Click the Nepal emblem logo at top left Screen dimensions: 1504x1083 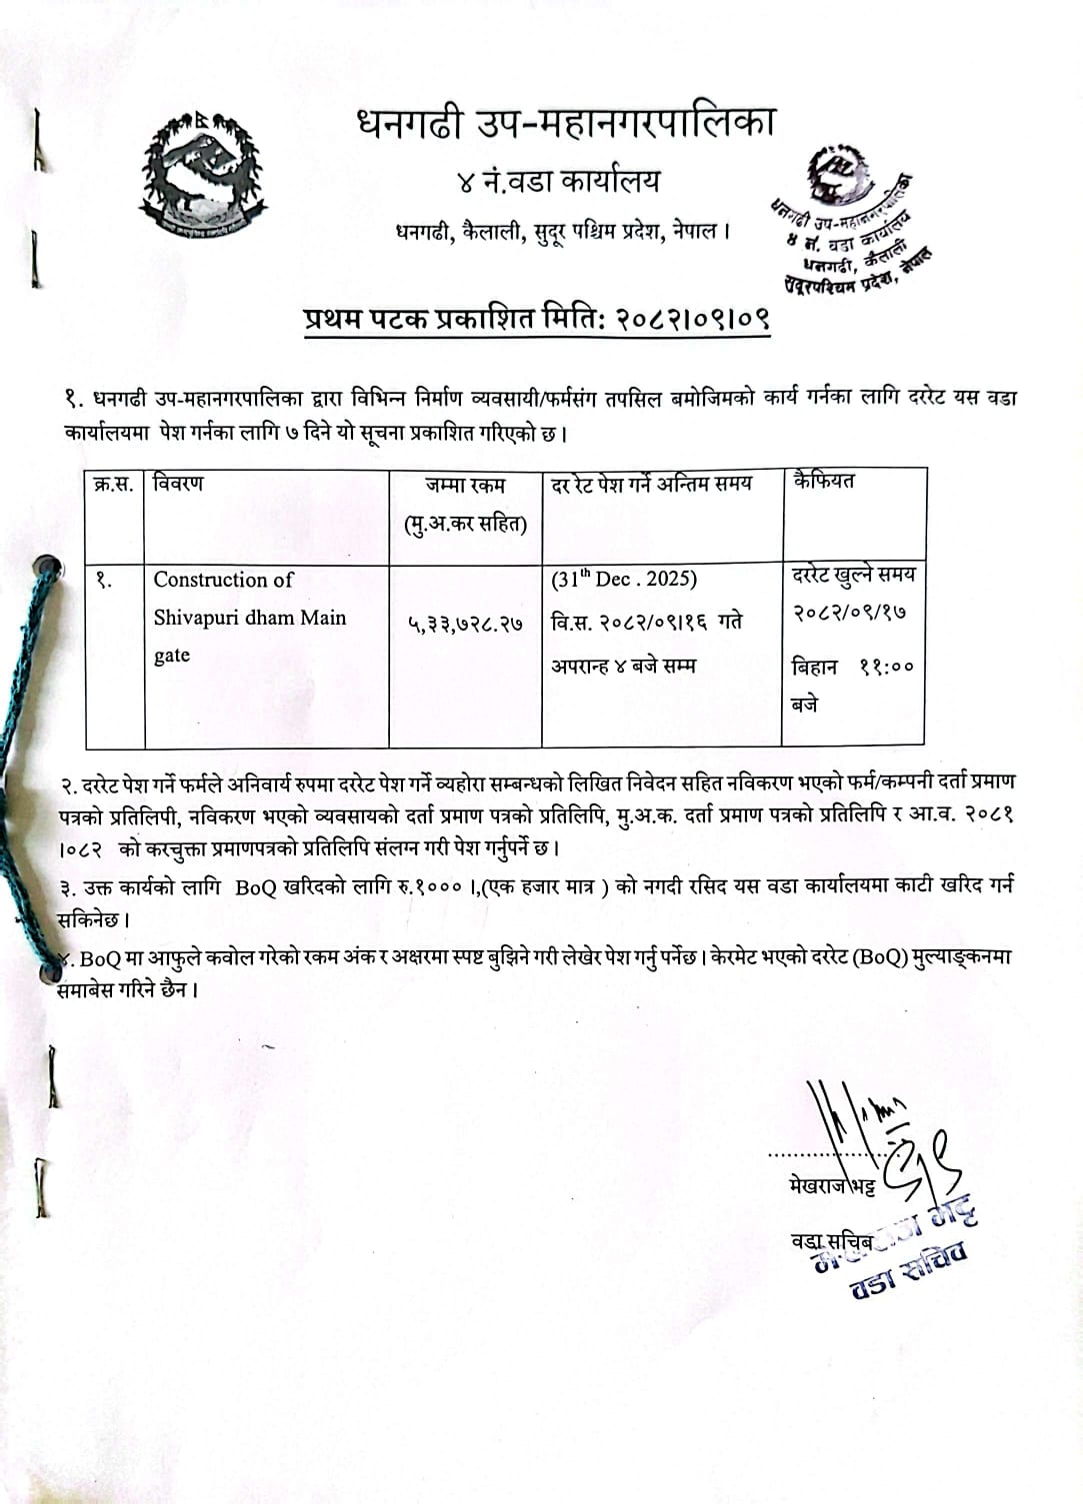[x=202, y=176]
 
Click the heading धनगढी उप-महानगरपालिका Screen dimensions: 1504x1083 [x=565, y=124]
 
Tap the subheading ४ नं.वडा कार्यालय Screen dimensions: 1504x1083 [x=557, y=182]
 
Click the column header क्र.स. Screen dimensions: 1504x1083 [x=113, y=485]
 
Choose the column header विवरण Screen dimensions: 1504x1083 [x=179, y=484]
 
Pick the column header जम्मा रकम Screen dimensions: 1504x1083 [x=465, y=486]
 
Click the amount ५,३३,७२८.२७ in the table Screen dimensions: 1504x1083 [x=465, y=625]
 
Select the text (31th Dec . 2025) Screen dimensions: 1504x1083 [x=624, y=580]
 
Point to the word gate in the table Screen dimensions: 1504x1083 [x=172, y=656]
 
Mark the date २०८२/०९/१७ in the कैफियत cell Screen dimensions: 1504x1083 [x=850, y=613]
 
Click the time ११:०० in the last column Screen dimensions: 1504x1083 [x=886, y=668]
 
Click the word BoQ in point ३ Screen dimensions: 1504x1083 [x=256, y=885]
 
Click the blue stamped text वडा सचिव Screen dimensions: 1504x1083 [x=908, y=1273]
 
